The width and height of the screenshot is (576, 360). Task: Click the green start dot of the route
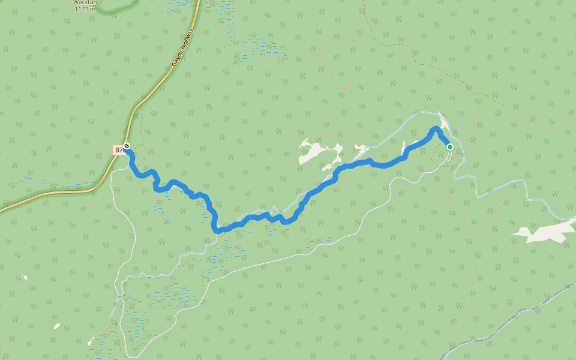pos(449,146)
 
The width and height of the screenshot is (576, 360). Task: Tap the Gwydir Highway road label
pos(182,49)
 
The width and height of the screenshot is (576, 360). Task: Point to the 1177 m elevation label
pos(85,9)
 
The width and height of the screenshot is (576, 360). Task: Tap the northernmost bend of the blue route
pos(436,128)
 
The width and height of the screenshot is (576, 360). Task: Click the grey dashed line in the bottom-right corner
pos(510,321)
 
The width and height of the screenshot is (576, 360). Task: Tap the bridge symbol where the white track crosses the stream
pos(120,296)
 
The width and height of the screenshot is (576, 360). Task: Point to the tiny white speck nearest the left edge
pos(23,277)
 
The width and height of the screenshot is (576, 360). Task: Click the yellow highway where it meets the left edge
pos(2,210)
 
